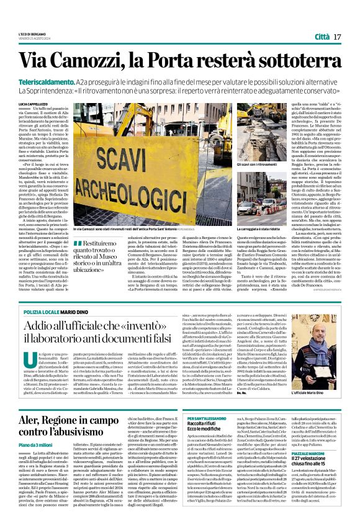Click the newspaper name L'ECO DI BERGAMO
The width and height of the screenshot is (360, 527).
(x=30, y=34)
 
